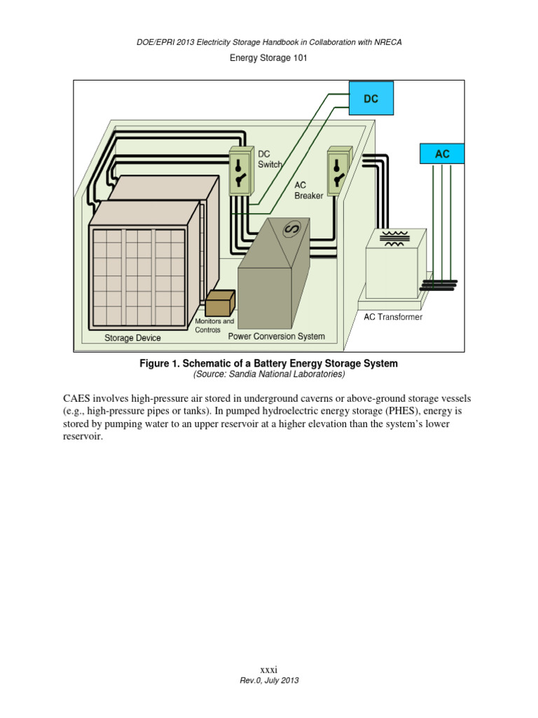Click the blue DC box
tap(371, 99)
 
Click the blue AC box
tap(442, 154)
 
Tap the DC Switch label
tap(270, 159)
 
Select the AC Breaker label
tap(308, 190)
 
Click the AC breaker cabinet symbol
tap(340, 172)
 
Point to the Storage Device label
tap(132, 338)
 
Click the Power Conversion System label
tap(277, 337)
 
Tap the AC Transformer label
tap(393, 317)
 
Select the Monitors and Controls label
tap(214, 325)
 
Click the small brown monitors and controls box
tap(219, 304)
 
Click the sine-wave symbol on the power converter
tap(291, 229)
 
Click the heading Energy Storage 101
tap(269, 58)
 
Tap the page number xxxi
tap(269, 671)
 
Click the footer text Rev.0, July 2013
tap(269, 681)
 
